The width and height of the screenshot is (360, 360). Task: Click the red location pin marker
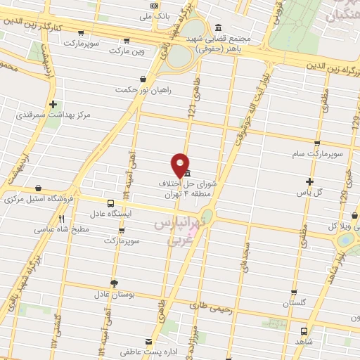point(181,165)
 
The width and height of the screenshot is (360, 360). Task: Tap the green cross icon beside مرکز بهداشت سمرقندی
point(53,105)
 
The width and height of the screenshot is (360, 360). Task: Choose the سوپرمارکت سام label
point(319,152)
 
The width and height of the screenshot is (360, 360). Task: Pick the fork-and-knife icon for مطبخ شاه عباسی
point(62,219)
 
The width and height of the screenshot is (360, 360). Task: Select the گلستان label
point(295,302)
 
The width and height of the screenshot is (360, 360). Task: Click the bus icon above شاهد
point(303,330)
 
